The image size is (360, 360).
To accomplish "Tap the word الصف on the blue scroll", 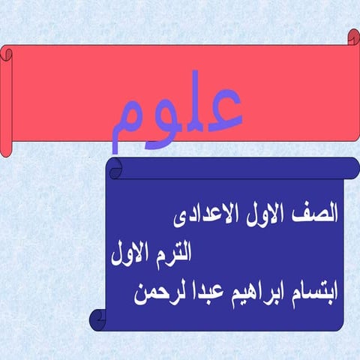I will click(318, 212).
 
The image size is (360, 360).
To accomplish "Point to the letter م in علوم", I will click(124, 124).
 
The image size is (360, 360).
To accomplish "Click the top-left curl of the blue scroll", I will click(115, 168).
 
